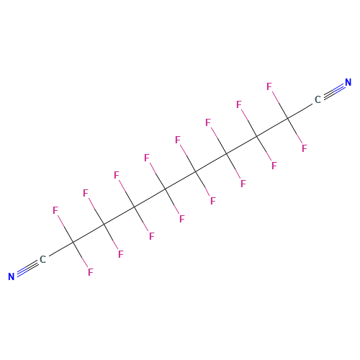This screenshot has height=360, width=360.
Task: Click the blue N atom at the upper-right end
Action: (348, 82)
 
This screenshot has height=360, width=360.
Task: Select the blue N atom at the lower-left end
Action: (12, 276)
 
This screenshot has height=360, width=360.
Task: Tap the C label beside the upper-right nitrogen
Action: (318, 99)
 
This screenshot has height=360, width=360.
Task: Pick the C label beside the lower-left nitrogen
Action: (42, 259)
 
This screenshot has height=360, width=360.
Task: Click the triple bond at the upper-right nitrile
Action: (334, 91)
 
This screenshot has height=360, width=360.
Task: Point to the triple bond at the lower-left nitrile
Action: (27, 268)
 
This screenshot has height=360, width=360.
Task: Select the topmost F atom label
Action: (269, 86)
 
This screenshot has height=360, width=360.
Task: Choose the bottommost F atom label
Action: (91, 272)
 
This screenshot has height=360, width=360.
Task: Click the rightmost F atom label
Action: (305, 148)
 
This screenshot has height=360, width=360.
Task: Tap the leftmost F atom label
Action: (55, 210)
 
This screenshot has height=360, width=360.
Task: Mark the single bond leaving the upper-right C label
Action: (300, 111)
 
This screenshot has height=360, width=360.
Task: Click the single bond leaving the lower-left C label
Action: (61, 249)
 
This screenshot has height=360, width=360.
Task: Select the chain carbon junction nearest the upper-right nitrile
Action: (287, 118)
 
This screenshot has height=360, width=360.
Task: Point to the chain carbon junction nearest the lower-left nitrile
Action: (73, 242)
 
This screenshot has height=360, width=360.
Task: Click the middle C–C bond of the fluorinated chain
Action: (181, 180)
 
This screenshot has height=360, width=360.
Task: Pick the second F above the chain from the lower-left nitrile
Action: (86, 193)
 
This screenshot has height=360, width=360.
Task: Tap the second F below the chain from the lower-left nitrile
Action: (121, 254)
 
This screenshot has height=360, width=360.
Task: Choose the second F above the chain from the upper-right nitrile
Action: (239, 104)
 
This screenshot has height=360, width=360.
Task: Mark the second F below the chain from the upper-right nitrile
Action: (274, 166)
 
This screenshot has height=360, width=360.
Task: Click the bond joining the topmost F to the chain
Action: (280, 105)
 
